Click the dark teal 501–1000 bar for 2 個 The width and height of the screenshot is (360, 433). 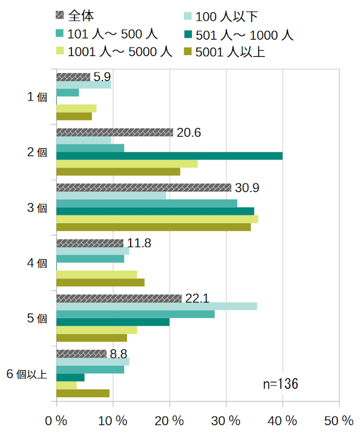click(170, 156)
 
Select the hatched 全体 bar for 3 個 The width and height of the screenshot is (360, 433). click(143, 187)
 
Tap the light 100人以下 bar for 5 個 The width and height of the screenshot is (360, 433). click(157, 306)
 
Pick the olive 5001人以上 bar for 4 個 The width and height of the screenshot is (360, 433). click(100, 282)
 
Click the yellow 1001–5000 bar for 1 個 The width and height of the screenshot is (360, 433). click(76, 109)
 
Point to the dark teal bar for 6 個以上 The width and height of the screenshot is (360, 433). click(70, 378)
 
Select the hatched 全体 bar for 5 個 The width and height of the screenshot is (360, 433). click(119, 298)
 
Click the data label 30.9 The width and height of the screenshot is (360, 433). click(247, 188)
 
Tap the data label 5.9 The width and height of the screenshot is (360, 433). click(102, 77)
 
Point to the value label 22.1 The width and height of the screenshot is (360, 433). click(197, 298)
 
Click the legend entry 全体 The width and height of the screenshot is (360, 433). click(74, 16)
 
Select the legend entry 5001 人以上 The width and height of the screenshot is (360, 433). click(225, 52)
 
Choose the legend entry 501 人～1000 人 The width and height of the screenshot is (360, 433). click(239, 35)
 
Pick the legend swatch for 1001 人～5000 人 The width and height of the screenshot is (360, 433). click(60, 51)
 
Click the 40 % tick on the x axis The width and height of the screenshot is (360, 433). click(283, 421)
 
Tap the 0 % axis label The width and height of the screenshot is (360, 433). click(56, 421)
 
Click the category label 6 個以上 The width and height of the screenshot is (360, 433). click(27, 374)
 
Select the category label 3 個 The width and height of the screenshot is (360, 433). click(37, 208)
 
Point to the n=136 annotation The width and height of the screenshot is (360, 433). click(281, 384)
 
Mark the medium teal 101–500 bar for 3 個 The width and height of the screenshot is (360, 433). click(146, 204)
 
